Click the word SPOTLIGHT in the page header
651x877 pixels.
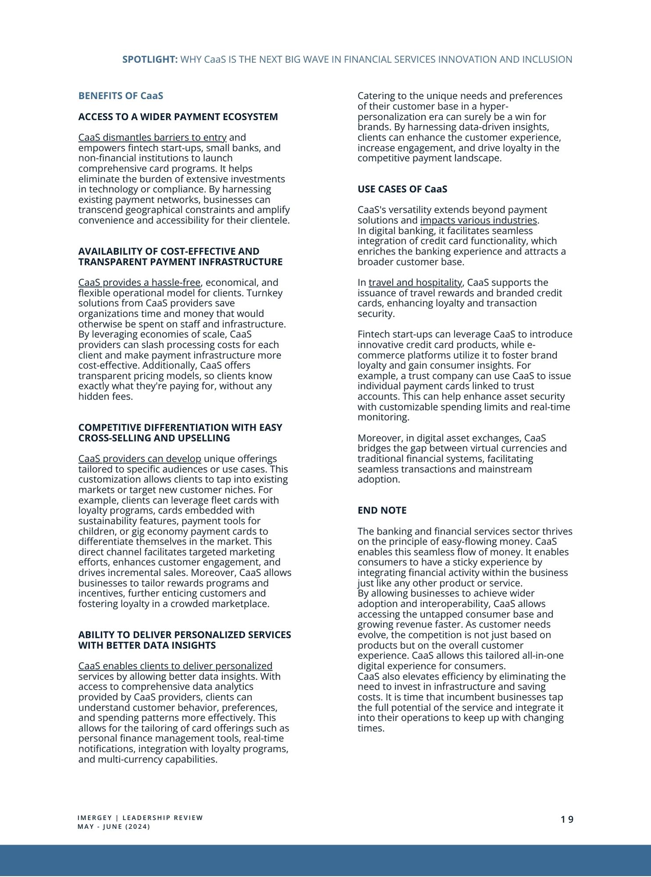point(150,59)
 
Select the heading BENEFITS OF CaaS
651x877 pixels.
point(121,96)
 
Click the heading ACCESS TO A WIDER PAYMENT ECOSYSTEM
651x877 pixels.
point(178,117)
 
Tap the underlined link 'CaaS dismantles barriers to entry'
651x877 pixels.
point(152,137)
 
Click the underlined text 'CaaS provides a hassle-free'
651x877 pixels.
point(139,282)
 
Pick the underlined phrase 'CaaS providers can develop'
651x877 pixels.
point(139,459)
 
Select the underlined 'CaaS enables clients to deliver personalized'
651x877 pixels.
point(175,666)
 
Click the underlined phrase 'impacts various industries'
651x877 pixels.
point(478,220)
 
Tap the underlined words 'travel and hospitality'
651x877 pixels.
point(415,282)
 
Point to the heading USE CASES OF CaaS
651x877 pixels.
point(402,189)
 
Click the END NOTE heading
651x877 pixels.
point(382,510)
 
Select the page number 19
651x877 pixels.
point(567,820)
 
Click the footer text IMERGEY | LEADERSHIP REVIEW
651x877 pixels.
point(140,818)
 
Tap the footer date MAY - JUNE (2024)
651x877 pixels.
point(114,827)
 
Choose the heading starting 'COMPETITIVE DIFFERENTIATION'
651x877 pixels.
point(180,432)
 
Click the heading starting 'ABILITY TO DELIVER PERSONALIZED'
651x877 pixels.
point(184,640)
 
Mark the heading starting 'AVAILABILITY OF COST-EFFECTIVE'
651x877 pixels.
point(180,257)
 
